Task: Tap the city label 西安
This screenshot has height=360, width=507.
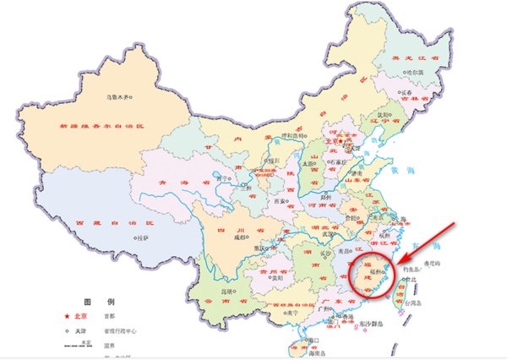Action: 277,202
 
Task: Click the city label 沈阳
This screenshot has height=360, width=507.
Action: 384,115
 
